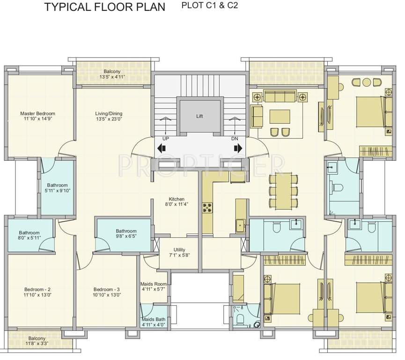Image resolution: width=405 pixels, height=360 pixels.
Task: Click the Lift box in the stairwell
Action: click(200, 116)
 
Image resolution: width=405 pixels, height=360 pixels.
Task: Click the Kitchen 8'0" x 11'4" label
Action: click(177, 202)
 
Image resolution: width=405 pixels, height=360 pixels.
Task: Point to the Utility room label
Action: click(179, 253)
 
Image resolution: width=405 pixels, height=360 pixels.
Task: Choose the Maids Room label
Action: click(154, 286)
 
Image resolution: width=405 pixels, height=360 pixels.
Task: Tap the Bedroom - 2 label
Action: click(39, 292)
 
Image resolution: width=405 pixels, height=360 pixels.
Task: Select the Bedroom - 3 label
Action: click(106, 292)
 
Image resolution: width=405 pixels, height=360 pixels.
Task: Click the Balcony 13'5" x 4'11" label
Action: click(112, 74)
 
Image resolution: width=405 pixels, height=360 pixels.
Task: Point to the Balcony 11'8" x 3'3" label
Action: click(37, 341)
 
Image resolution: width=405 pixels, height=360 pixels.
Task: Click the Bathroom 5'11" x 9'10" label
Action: click(57, 188)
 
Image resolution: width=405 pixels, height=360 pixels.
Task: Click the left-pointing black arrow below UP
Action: click(162, 149)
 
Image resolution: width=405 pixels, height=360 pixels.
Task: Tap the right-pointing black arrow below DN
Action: click(238, 149)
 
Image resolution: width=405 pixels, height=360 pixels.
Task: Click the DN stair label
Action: click(235, 139)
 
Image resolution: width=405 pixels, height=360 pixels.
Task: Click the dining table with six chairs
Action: click(283, 190)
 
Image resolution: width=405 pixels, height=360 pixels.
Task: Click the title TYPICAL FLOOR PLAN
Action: click(104, 7)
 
